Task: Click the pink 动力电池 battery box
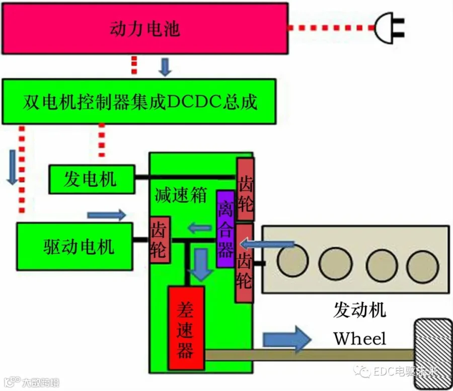click(x=145, y=28)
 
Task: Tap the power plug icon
click(x=389, y=28)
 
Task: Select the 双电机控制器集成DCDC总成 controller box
click(x=139, y=102)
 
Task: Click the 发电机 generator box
click(x=92, y=179)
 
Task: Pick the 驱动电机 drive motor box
click(x=74, y=246)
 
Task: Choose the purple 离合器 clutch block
click(x=225, y=228)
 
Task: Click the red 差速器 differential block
click(x=186, y=328)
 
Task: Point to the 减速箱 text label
click(x=181, y=195)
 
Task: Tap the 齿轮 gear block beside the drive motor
click(x=160, y=240)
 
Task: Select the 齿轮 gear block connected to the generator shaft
click(x=246, y=189)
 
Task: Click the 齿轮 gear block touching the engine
click(x=245, y=263)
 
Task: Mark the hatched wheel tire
click(x=433, y=354)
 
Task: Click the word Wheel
click(x=360, y=339)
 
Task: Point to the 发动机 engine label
click(x=360, y=310)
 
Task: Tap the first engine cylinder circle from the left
click(x=292, y=261)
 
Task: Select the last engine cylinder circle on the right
click(x=423, y=267)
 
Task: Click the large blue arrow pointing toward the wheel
click(x=287, y=339)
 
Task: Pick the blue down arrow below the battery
click(x=165, y=67)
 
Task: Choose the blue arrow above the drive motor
click(x=107, y=215)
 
